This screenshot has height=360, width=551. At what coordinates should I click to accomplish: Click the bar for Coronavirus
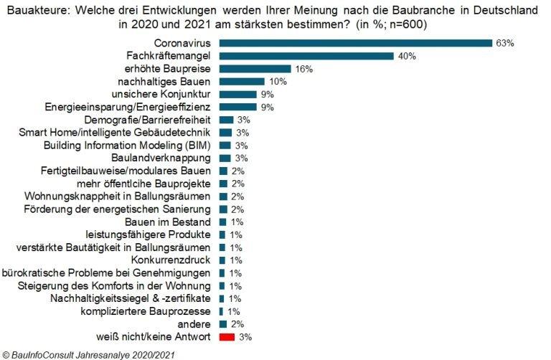(x=355, y=43)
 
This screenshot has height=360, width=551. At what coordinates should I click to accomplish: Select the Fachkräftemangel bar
(x=306, y=56)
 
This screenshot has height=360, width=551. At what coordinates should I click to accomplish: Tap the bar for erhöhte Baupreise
(x=255, y=69)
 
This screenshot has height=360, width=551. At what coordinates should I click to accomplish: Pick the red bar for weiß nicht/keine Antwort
(x=227, y=336)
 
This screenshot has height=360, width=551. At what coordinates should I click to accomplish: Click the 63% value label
(x=505, y=43)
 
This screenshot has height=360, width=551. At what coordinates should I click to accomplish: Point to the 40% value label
(x=407, y=56)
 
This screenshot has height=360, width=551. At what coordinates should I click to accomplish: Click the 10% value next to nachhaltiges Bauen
(x=277, y=82)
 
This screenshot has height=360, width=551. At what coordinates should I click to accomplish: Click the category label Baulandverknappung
(x=161, y=158)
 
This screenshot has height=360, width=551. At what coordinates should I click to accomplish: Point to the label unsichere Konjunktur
(x=161, y=94)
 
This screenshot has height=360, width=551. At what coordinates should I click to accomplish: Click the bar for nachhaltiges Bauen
(x=242, y=82)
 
